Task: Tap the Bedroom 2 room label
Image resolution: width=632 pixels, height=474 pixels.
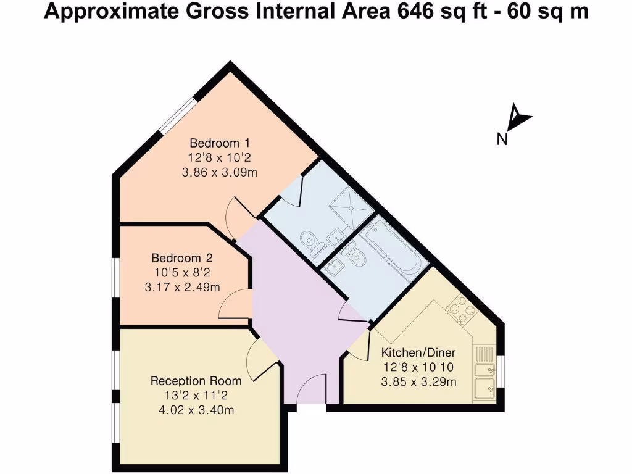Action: pyautogui.click(x=177, y=258)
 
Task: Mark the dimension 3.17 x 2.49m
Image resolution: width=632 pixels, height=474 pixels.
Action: pyautogui.click(x=182, y=287)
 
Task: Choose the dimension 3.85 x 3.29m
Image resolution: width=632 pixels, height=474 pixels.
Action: pyautogui.click(x=418, y=382)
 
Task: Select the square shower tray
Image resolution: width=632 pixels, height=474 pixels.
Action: pyautogui.click(x=349, y=201)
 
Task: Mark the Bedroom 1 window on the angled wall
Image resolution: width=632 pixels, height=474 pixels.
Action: pyautogui.click(x=178, y=114)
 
